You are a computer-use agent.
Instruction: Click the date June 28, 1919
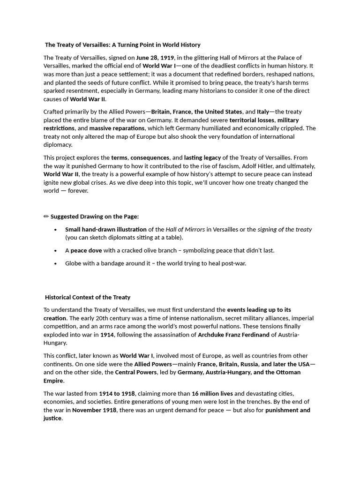point(155,58)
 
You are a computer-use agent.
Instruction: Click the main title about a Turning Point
point(123,45)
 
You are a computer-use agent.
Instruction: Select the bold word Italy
point(263,112)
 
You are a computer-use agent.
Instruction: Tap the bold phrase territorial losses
point(252,120)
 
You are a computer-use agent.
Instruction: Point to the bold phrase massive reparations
point(117,128)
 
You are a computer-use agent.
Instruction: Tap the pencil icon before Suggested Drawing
point(46,217)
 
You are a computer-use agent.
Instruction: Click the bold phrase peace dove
point(86,250)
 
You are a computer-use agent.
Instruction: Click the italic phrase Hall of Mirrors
point(185,229)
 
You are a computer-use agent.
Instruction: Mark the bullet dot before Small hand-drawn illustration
point(55,230)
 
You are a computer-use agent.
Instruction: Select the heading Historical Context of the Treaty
point(88,297)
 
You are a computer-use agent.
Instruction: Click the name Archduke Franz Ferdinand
point(233,335)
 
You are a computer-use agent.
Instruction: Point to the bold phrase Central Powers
point(136,372)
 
